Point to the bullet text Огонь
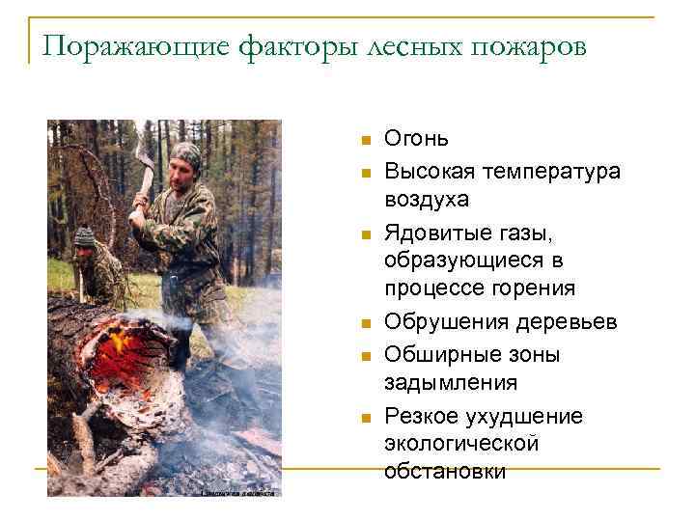pyautogui.click(x=416, y=140)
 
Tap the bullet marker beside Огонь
pyautogui.click(x=365, y=141)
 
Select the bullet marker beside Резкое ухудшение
pyautogui.click(x=365, y=418)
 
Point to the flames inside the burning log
pyautogui.click(x=121, y=343)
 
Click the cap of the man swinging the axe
pyautogui.click(x=184, y=151)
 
